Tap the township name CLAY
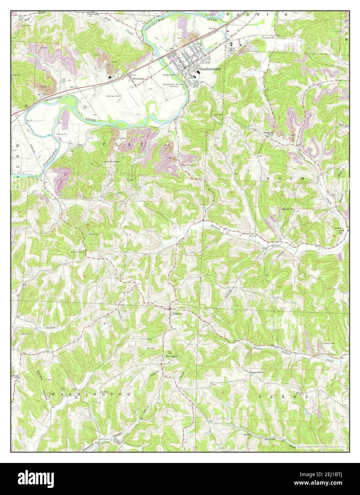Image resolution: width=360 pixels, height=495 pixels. [x=123, y=144]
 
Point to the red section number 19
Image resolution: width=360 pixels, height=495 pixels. [x=125, y=227]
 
